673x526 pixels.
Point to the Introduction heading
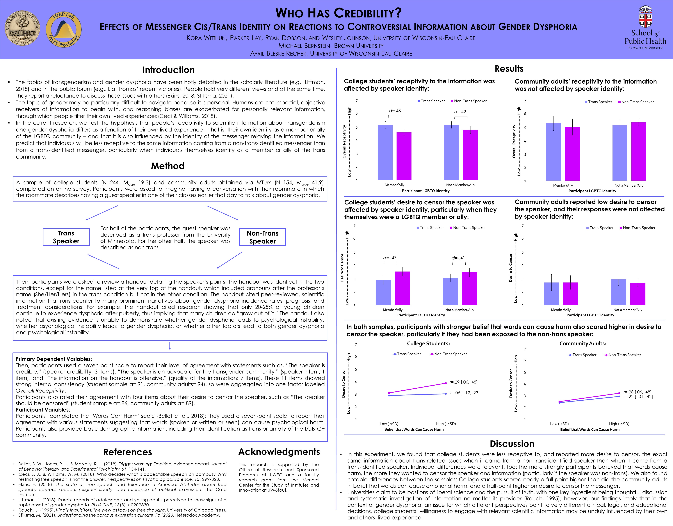pos(168,70)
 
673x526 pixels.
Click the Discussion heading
pos(512,444)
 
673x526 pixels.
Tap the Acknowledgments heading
pos(279,452)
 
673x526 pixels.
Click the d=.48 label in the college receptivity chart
pos(395,111)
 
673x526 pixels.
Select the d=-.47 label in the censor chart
pos(390,258)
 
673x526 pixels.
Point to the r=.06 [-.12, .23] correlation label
pos(465,393)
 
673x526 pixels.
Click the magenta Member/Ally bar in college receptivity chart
pos(404,156)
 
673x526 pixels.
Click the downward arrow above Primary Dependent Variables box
pos(170,346)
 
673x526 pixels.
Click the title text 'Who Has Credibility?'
pos(338,13)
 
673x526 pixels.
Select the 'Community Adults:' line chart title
pos(583,343)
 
